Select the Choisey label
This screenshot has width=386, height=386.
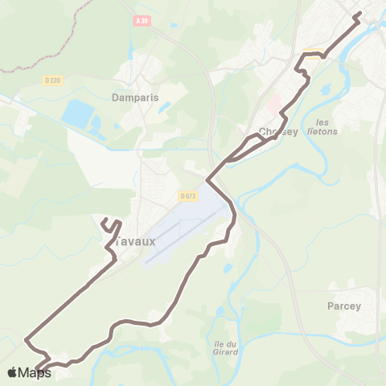(x=278, y=133)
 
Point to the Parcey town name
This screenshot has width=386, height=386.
(x=345, y=306)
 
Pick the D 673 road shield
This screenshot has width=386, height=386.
(x=187, y=195)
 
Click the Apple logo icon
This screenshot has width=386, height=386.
(x=11, y=372)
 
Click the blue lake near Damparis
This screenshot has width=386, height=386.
(x=78, y=113)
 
